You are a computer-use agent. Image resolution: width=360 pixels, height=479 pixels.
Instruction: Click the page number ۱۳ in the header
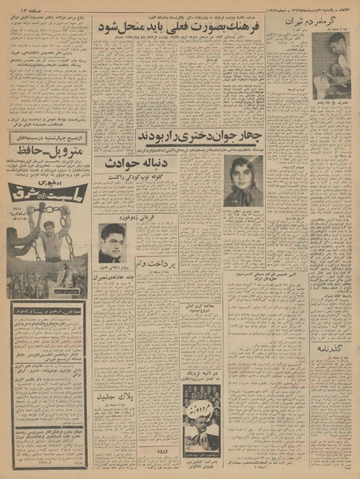(x=17, y=7)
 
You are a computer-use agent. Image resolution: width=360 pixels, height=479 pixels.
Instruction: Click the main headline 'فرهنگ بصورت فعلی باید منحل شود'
(x=177, y=26)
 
